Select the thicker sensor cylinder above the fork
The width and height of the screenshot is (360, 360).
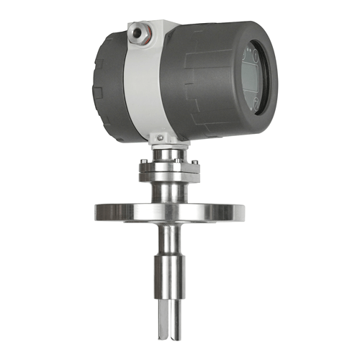coord(170,277)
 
